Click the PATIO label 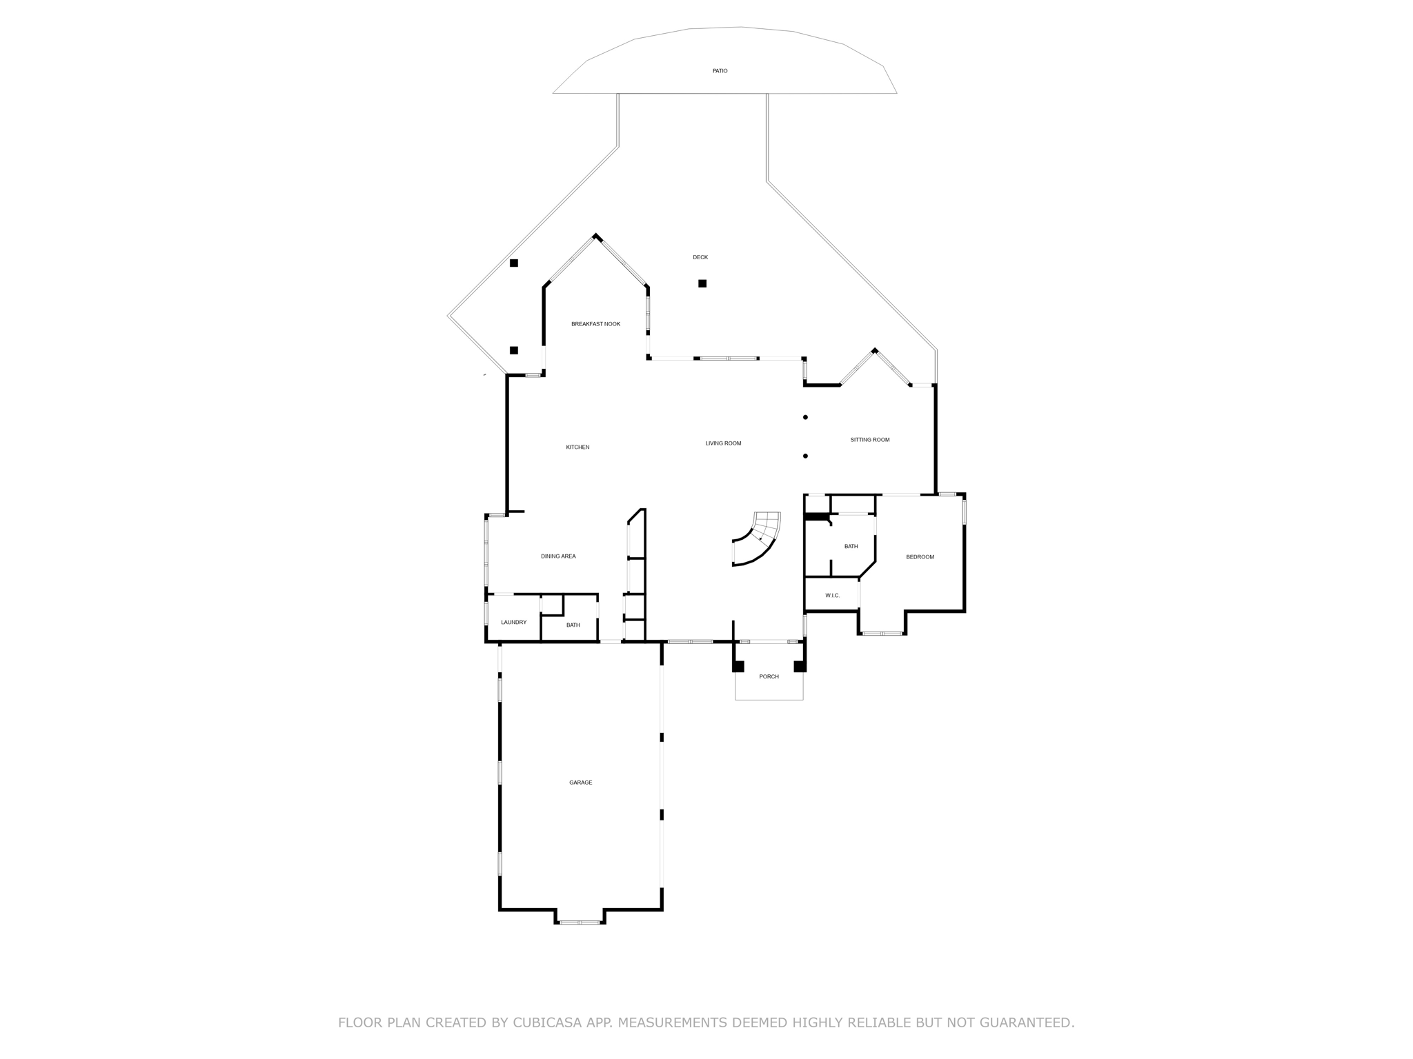pos(720,71)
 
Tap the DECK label pos(700,257)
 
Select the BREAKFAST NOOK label pos(595,324)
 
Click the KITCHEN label pos(577,447)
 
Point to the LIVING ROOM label pos(723,443)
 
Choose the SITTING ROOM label pos(869,440)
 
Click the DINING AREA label pos(558,556)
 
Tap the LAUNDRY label pos(513,623)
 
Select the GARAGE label pos(580,783)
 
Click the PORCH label pos(769,677)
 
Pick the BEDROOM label pos(920,557)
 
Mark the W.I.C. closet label pos(832,596)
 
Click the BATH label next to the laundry pos(573,625)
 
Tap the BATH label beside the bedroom pos(851,547)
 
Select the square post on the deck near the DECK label pos(702,283)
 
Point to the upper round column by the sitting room pos(805,417)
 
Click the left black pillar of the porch pos(738,666)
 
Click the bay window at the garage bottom pos(580,922)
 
